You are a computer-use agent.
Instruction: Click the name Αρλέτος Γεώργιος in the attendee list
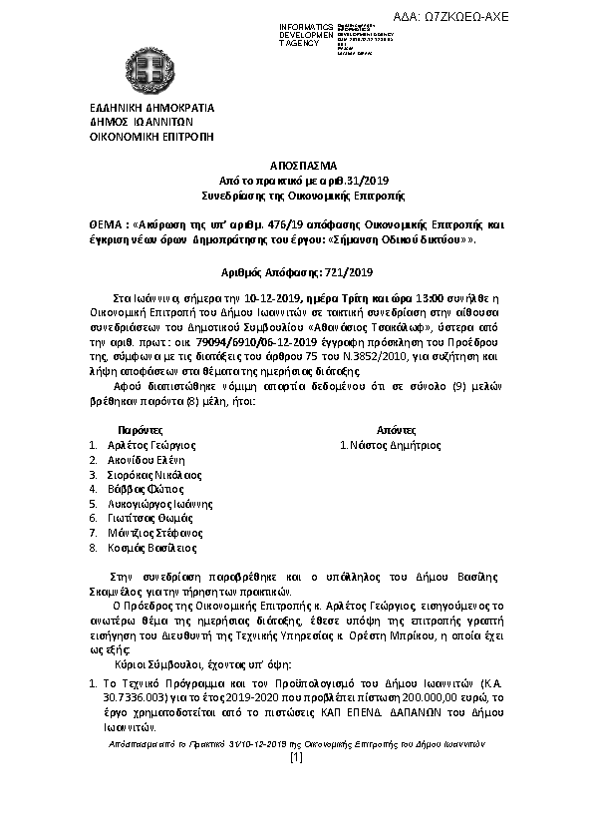(149, 445)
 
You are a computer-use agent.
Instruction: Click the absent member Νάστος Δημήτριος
(393, 445)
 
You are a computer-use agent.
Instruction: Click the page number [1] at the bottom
(295, 758)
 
